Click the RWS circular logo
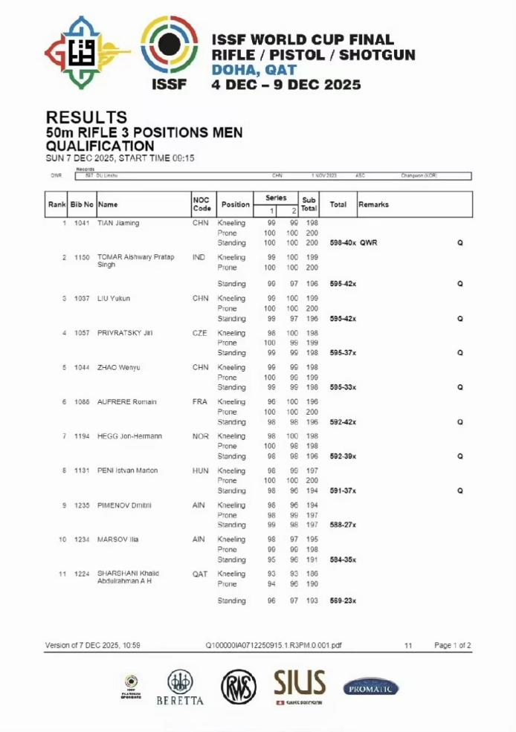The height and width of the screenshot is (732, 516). pos(238,687)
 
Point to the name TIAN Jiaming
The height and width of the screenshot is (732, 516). pos(118,223)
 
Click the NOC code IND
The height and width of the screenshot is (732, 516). pos(199,257)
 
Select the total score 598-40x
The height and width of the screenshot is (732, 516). pos(343,243)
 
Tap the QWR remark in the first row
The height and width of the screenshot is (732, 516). pos(369,243)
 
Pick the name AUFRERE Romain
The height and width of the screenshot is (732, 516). pos(127,402)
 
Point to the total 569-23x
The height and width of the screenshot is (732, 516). pos(343,600)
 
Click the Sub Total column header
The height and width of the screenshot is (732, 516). pos(309,204)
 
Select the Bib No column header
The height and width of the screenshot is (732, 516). pos(83,204)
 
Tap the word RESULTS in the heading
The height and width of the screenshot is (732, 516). pos(86,117)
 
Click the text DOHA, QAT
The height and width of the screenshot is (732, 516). pos(254,71)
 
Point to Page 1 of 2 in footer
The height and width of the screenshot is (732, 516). pos(452,646)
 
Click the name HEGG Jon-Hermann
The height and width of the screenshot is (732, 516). pos(129,436)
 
